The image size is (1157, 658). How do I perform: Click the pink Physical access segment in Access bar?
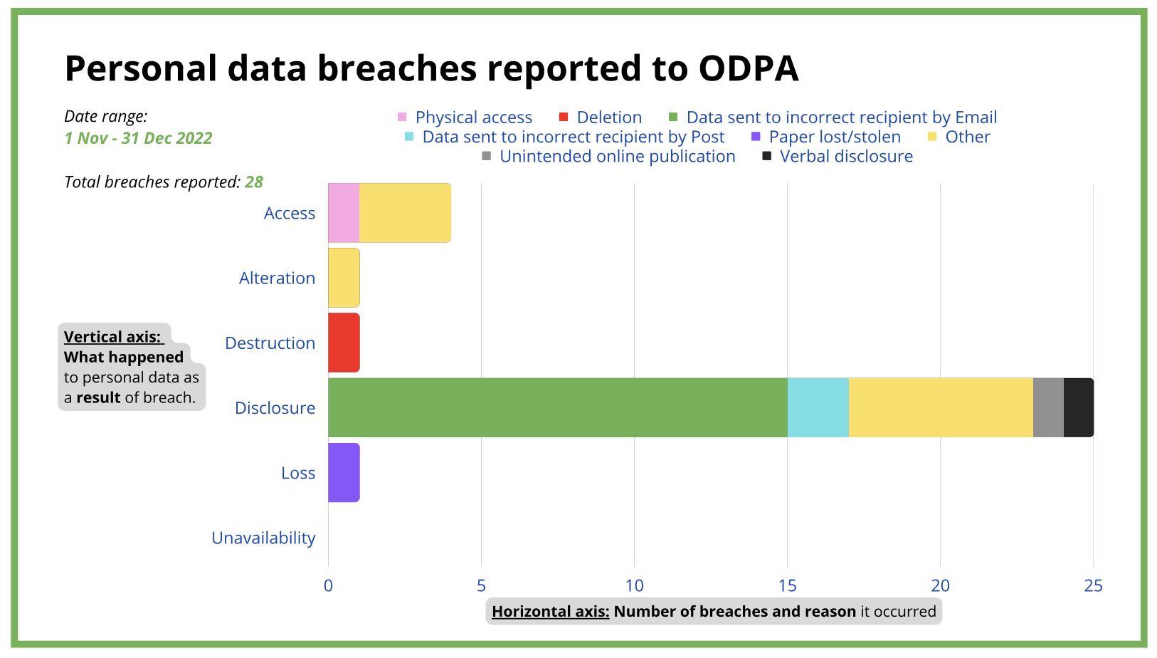344,212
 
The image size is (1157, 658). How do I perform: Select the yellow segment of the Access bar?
405,212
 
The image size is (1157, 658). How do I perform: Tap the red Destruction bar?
344,343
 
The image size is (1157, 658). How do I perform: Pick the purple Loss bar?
344,472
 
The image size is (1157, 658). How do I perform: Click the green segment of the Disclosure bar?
558,407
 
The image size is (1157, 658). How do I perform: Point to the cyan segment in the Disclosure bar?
818,407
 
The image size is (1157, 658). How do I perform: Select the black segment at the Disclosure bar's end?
1079,407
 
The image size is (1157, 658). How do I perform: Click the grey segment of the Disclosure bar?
1049,407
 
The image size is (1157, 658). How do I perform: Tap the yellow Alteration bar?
344,278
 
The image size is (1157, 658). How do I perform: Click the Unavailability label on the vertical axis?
263,538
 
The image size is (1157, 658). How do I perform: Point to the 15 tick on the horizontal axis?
787,585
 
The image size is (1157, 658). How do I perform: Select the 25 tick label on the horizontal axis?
1093,585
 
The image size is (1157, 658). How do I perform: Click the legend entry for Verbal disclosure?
838,156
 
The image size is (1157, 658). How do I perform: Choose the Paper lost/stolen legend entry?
826,137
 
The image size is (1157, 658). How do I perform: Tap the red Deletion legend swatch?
564,117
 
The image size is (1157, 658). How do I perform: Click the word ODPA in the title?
749,68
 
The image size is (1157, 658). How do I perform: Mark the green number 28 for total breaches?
253,182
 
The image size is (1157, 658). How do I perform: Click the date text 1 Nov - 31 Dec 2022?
139,138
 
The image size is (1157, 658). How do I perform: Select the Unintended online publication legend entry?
608,156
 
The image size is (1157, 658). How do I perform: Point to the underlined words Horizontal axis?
551,612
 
